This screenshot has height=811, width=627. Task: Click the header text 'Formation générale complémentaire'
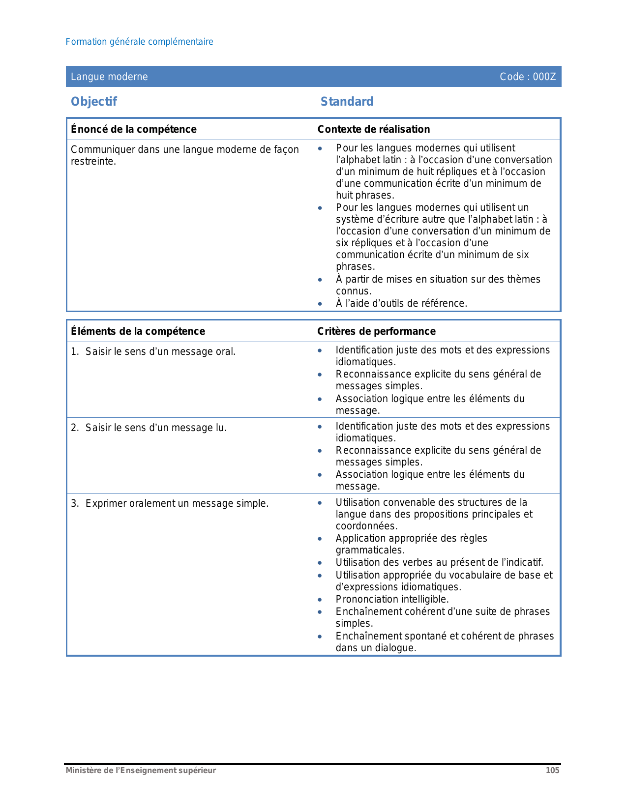tap(139, 42)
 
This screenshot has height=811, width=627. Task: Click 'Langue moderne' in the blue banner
tap(109, 77)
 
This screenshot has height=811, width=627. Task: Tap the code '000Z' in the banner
tap(544, 77)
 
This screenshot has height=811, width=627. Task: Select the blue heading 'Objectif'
tap(94, 102)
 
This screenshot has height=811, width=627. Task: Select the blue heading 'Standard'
tap(347, 102)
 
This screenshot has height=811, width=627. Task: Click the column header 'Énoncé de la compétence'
tap(134, 129)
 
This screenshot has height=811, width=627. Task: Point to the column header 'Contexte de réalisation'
tap(374, 129)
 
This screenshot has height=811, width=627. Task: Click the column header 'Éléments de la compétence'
tap(138, 331)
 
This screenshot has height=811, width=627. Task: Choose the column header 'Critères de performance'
tap(376, 331)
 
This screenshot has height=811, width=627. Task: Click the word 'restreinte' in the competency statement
tap(92, 162)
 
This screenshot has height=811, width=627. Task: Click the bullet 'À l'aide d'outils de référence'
tap(401, 303)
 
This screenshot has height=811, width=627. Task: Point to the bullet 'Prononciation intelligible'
tap(392, 599)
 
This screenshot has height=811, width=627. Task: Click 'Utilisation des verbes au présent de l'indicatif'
tap(439, 562)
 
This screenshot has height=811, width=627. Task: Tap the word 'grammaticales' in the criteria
tap(369, 550)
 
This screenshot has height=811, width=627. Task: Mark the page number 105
tap(552, 771)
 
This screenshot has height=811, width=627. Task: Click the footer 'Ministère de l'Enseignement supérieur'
tap(141, 771)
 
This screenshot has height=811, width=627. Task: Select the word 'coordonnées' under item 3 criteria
tap(366, 526)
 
